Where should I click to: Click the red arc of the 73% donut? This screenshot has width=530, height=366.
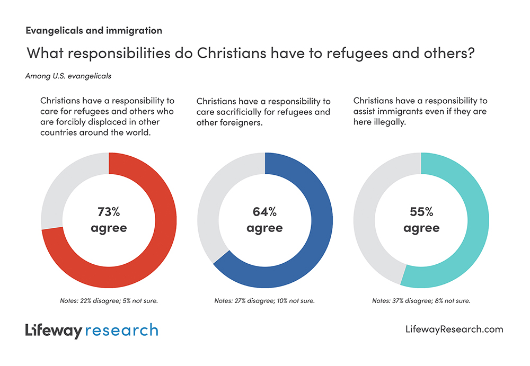click(x=159, y=249)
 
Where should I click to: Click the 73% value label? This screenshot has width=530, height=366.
click(x=109, y=212)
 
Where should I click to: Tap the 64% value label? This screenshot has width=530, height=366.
click(x=264, y=212)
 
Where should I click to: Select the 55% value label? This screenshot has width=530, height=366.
click(x=421, y=212)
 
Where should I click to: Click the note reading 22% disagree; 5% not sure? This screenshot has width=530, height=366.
click(x=109, y=301)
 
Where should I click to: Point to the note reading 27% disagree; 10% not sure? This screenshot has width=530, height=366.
click(x=264, y=301)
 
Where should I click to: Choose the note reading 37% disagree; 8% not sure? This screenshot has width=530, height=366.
click(x=421, y=301)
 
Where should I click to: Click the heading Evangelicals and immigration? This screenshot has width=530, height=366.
click(x=94, y=31)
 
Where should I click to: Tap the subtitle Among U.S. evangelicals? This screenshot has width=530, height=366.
click(x=68, y=76)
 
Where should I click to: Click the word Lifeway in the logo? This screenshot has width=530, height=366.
click(x=54, y=331)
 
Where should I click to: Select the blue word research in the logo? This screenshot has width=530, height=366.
click(x=121, y=331)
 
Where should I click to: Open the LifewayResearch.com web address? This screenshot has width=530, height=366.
click(x=454, y=329)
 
